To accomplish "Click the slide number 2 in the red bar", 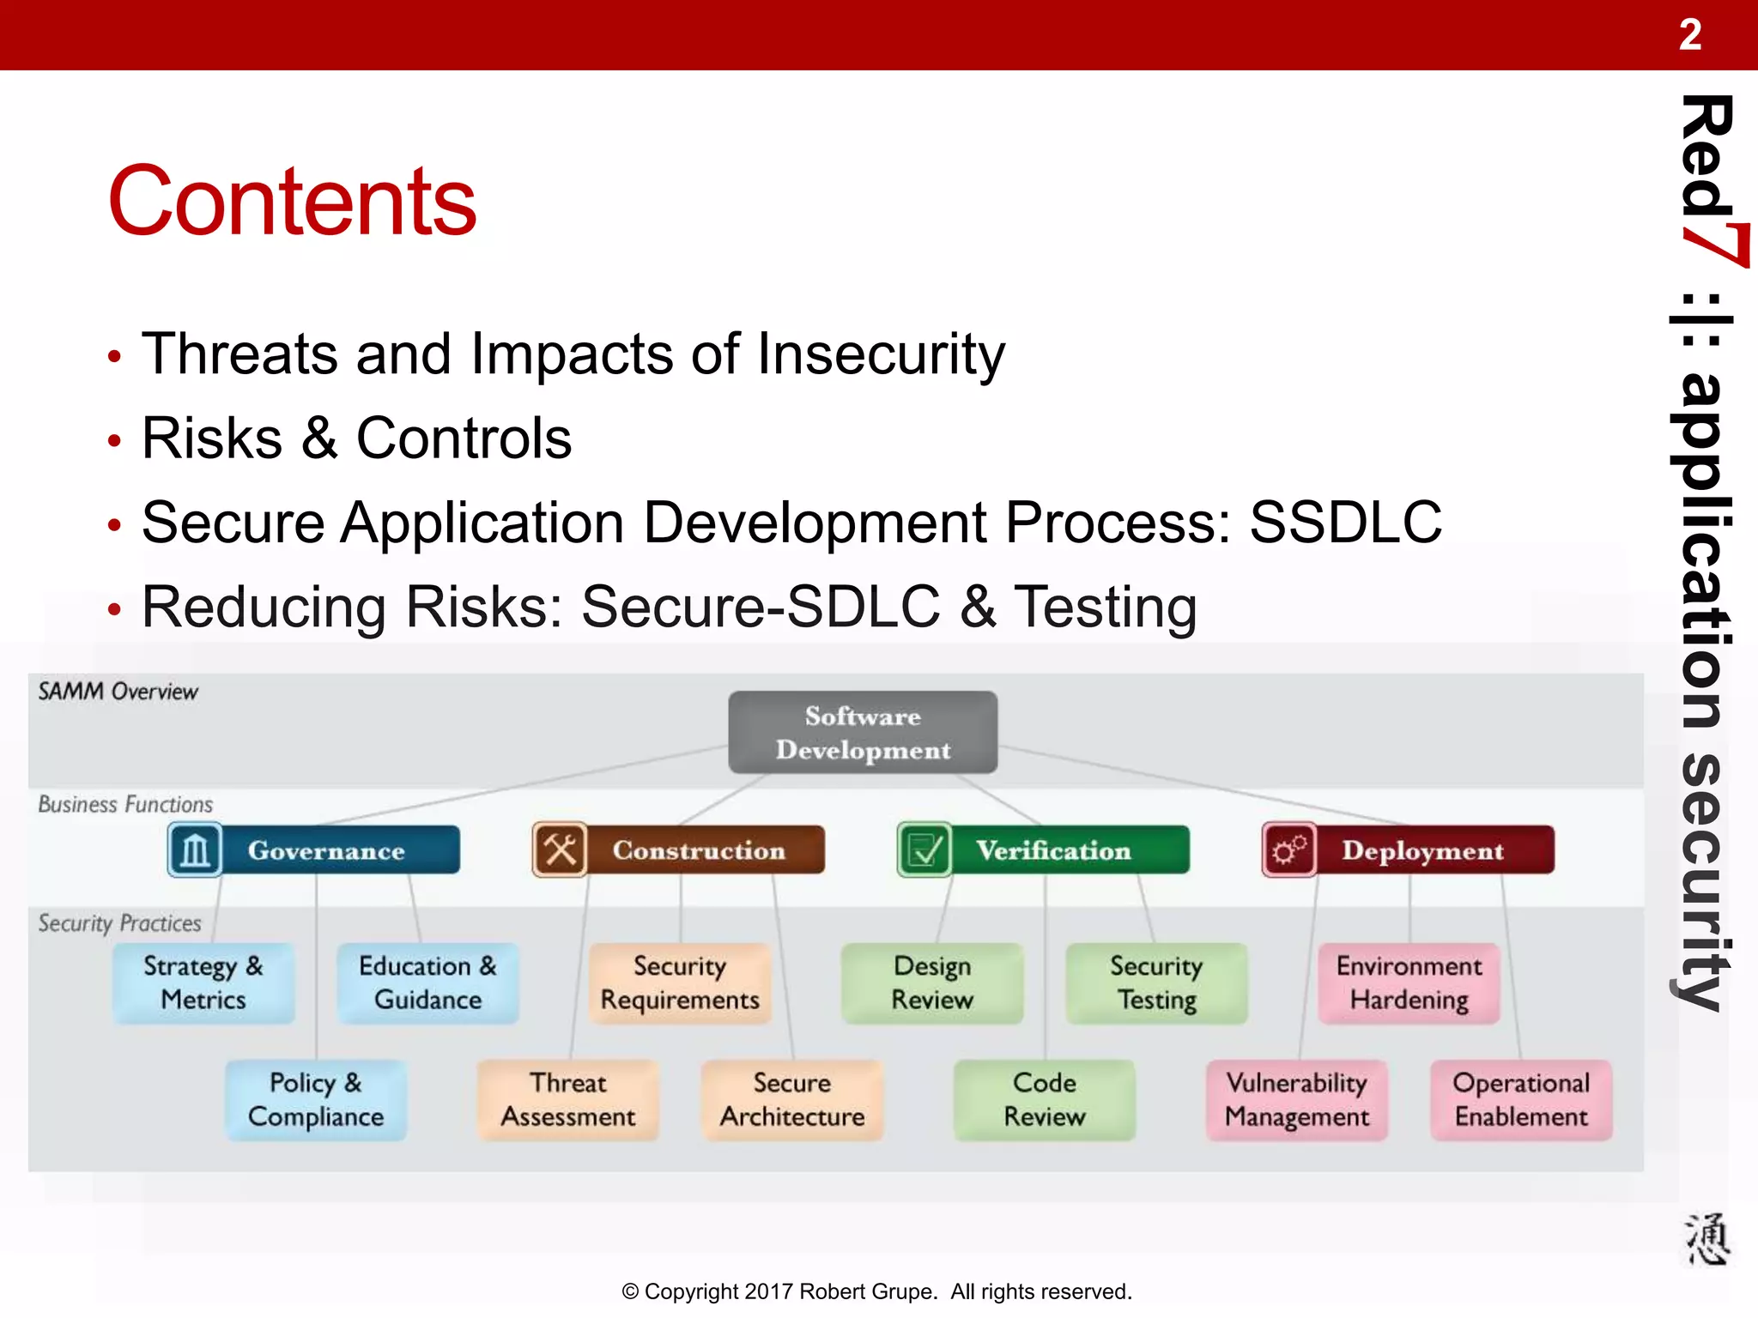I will click(1689, 35).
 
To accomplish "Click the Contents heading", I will click(291, 201).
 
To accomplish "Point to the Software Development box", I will click(863, 733).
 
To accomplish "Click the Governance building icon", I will click(195, 850).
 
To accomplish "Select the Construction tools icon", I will click(560, 850).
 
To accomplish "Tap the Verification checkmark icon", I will click(924, 850).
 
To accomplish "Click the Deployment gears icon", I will click(1289, 850).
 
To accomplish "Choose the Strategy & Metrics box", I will click(203, 982).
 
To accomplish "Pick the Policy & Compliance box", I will click(316, 1099).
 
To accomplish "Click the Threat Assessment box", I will click(568, 1099).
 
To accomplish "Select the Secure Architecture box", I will click(792, 1099).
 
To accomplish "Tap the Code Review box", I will click(1045, 1099).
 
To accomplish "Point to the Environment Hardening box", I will click(1409, 982).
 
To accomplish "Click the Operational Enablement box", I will click(1521, 1099).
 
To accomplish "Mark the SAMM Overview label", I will click(118, 692).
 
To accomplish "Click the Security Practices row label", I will click(119, 923).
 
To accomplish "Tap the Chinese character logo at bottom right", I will click(1706, 1239).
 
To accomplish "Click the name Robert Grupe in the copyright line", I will click(868, 1291).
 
